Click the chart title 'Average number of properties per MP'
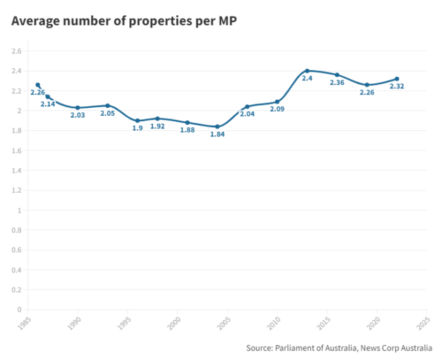pyautogui.click(x=124, y=21)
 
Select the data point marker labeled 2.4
pyautogui.click(x=307, y=71)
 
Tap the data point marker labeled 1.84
pyautogui.click(x=217, y=126)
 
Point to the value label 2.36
pyautogui.click(x=337, y=83)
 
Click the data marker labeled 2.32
pyautogui.click(x=396, y=79)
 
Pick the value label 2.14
pyautogui.click(x=48, y=104)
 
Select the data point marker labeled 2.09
pyautogui.click(x=277, y=102)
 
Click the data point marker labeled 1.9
pyautogui.click(x=137, y=121)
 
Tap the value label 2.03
pyautogui.click(x=78, y=115)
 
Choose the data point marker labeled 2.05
pyautogui.click(x=107, y=106)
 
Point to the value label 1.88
pyautogui.click(x=188, y=130)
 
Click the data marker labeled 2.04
pyautogui.click(x=247, y=106)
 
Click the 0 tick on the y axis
pyautogui.click(x=20, y=310)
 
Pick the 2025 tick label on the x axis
pyautogui.click(x=422, y=322)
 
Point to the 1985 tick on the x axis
pyautogui.click(x=25, y=322)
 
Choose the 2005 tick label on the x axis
pyautogui.click(x=224, y=322)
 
